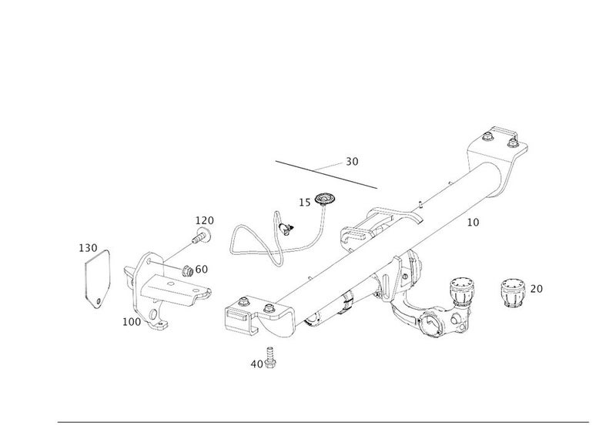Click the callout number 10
coord(473,223)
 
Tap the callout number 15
coord(304,203)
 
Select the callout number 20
coord(537,289)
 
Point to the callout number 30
coord(352,162)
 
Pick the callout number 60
coord(201,269)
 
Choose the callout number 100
coord(131,321)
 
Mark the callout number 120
coord(203,221)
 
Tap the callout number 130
coord(89,248)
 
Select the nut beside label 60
coord(186,270)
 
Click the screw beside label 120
coord(201,236)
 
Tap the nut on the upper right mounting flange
coord(490,139)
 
